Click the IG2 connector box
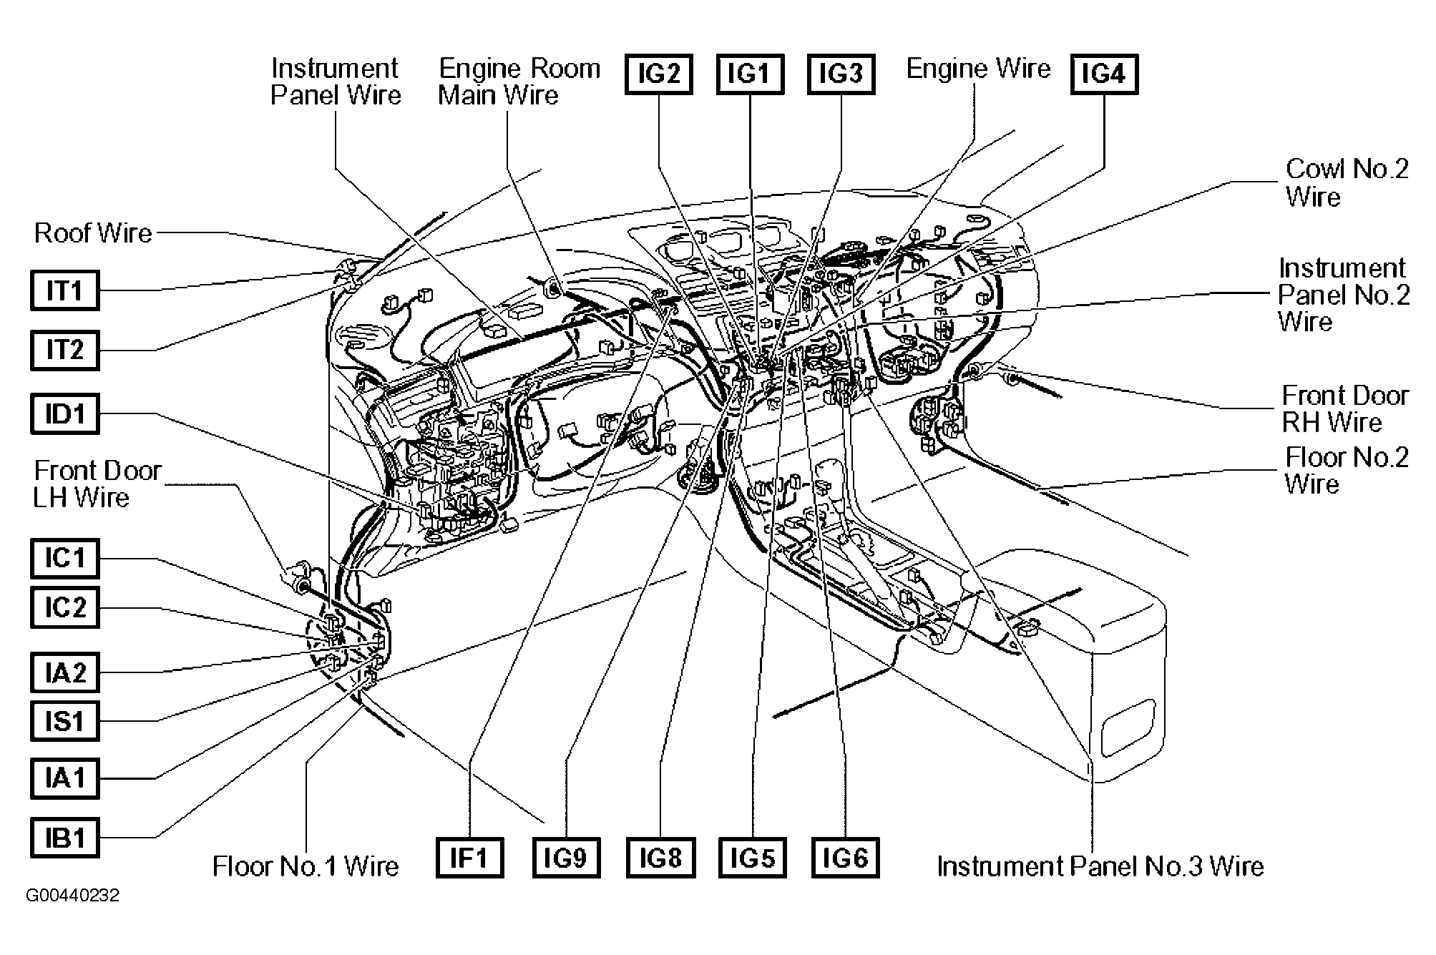pyautogui.click(x=658, y=74)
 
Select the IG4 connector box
pyautogui.click(x=1104, y=74)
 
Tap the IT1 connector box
pyautogui.click(x=64, y=290)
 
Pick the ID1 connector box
pyautogui.click(x=64, y=413)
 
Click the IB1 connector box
pyautogui.click(x=64, y=838)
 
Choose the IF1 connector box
pyautogui.click(x=469, y=858)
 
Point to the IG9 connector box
pyautogui.click(x=566, y=858)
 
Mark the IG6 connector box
pyautogui.click(x=846, y=858)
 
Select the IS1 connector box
pyautogui.click(x=64, y=721)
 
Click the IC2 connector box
pyautogui.click(x=64, y=608)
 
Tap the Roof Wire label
pyautogui.click(x=93, y=232)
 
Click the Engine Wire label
pyautogui.click(x=978, y=69)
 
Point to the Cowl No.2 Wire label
pyautogui.click(x=1347, y=182)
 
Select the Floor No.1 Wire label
pyautogui.click(x=306, y=866)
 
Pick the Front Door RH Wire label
pyautogui.click(x=1344, y=408)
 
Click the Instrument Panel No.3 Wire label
pyautogui.click(x=1100, y=866)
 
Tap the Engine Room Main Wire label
pyautogui.click(x=519, y=82)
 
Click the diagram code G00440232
pyautogui.click(x=72, y=896)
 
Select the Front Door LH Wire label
pyautogui.click(x=97, y=484)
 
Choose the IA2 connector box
pyautogui.click(x=64, y=672)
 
